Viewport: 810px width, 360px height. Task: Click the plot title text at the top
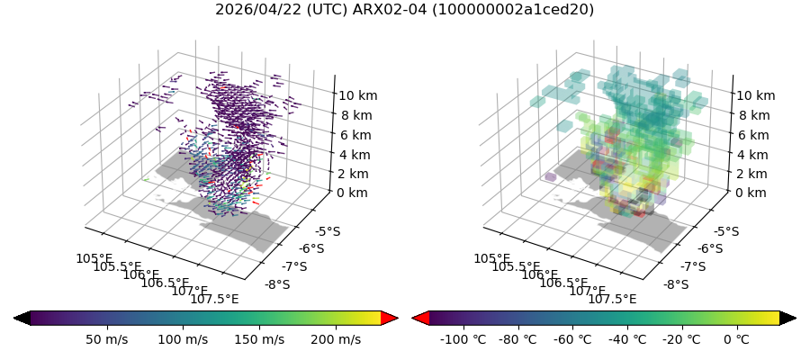pos(404,10)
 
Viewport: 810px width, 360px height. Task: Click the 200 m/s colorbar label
pos(336,339)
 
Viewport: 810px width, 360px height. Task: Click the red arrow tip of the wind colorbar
pos(390,318)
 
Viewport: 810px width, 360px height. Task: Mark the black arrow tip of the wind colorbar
pos(22,318)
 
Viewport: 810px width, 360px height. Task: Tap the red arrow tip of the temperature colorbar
pos(420,318)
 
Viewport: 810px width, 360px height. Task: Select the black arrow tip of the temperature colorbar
pos(787,318)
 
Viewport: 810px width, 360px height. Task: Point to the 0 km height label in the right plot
pos(751,193)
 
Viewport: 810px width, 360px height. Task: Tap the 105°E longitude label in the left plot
pos(94,259)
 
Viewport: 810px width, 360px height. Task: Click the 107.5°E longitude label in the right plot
pos(612,300)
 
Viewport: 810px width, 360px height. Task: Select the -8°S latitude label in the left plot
pos(277,284)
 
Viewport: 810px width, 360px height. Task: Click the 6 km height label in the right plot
pos(754,135)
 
